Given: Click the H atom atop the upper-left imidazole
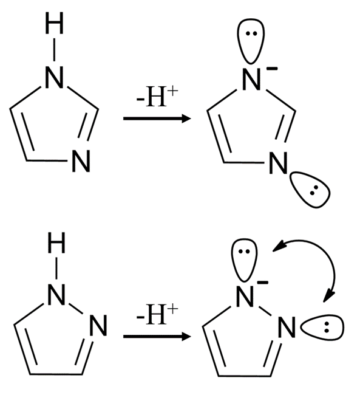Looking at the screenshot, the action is tap(54, 23).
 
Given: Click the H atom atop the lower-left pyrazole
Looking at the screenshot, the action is tap(56, 242).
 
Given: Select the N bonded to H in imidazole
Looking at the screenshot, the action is tap(54, 78).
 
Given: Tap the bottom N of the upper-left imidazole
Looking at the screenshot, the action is tap(81, 162).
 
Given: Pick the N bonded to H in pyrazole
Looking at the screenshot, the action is tap(56, 295).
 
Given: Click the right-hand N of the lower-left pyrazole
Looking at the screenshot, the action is tap(98, 325).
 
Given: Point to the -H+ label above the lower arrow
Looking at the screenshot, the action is tap(157, 314).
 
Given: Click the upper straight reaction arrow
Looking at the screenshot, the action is tap(157, 118).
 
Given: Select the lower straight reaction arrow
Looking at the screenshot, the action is tap(157, 336).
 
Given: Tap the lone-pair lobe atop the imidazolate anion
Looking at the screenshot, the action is tap(251, 40).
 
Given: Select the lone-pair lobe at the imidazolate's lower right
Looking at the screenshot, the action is tap(309, 190).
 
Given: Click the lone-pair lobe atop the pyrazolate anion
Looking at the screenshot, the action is tap(244, 259).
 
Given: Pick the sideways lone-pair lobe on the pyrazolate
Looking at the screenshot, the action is tap(323, 328).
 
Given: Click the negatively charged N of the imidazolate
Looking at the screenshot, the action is tap(251, 80).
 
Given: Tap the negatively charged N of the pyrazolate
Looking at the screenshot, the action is tap(245, 297).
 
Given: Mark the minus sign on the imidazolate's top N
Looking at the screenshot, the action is tap(272, 68).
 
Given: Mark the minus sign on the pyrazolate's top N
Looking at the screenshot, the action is tap(263, 283).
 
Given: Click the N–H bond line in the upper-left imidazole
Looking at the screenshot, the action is tap(54, 50).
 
